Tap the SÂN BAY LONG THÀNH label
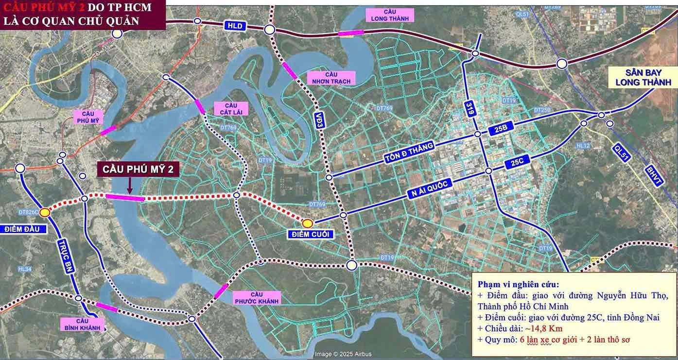[x=640, y=77]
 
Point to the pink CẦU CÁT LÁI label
[x=231, y=109]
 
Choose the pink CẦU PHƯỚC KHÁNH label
[x=257, y=298]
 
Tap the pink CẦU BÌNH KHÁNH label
[x=82, y=324]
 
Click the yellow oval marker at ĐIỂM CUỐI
[x=308, y=223]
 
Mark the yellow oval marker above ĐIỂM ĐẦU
[x=45, y=212]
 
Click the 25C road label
[x=517, y=163]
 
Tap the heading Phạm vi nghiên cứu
[x=518, y=284]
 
